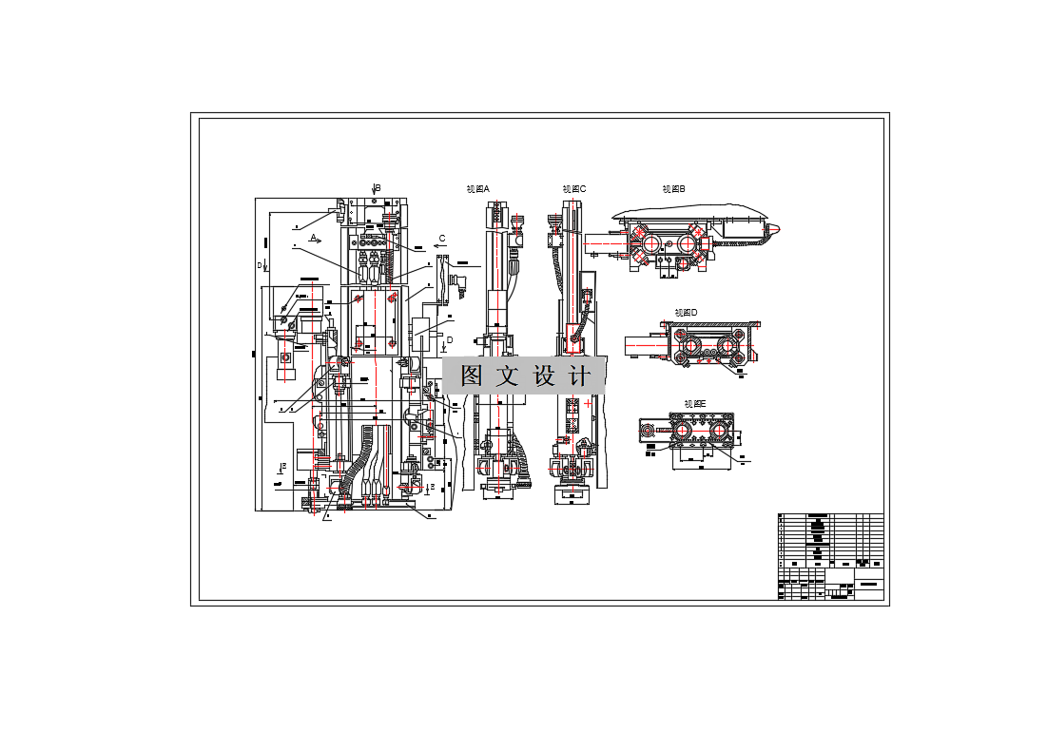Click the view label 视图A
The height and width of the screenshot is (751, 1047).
[477, 189]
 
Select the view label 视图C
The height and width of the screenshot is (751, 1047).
[573, 189]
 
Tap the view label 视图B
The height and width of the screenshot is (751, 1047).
[674, 189]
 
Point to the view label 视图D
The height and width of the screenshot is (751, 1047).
[686, 312]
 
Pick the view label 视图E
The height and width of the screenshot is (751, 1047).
[695, 404]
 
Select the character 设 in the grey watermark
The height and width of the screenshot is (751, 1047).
[543, 375]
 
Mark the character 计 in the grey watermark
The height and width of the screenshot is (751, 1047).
[578, 375]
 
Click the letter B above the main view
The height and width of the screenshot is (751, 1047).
[378, 188]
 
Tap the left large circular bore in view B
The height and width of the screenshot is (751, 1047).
[652, 243]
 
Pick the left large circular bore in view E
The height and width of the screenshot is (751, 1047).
[683, 433]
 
